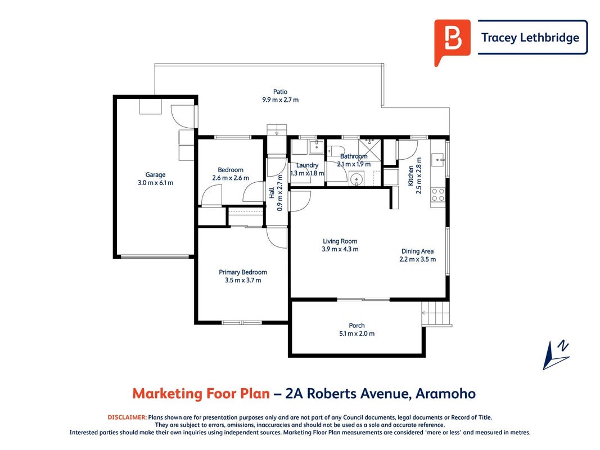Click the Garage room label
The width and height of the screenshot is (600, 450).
[x=155, y=175]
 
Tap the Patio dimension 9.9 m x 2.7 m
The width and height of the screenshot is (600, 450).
[x=281, y=100]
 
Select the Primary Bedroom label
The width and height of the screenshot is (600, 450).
[x=243, y=272]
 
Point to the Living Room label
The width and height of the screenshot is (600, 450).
[x=340, y=241]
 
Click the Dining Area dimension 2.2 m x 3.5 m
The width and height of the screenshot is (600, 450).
[x=418, y=259]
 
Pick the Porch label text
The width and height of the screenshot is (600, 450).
[x=357, y=326]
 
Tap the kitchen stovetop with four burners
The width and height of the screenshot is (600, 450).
[x=437, y=195]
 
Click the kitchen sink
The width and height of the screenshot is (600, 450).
[x=437, y=160]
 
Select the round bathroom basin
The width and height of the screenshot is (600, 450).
[x=357, y=179]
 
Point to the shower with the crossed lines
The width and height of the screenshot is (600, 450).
[x=370, y=150]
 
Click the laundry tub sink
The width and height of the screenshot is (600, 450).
[x=317, y=147]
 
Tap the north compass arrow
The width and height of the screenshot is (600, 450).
[x=556, y=355]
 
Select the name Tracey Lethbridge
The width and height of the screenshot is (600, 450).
[x=530, y=38]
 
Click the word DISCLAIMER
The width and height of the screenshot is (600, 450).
[x=127, y=417]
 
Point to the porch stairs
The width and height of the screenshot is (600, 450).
[x=436, y=313]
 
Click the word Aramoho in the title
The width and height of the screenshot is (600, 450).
[x=446, y=393]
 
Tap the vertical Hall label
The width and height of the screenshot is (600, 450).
[x=272, y=193]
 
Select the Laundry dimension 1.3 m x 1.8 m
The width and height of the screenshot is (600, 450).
[x=307, y=173]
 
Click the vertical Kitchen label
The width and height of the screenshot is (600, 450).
[x=411, y=175]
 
